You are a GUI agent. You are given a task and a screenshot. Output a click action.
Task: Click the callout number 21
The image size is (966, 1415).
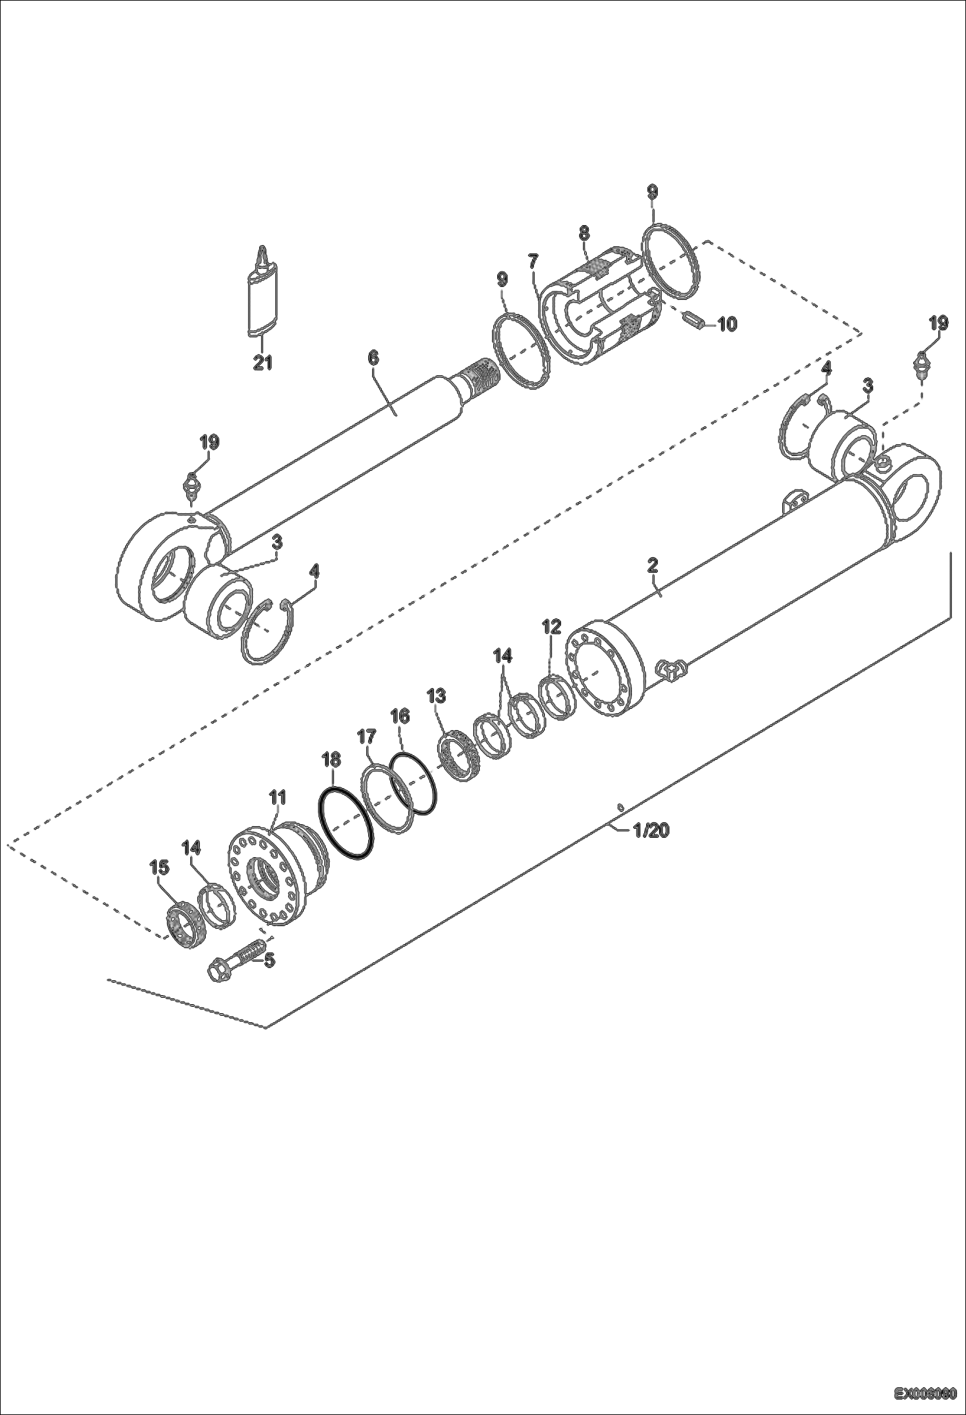[x=262, y=363]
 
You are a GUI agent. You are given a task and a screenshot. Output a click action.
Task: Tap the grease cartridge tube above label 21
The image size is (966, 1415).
[x=262, y=300]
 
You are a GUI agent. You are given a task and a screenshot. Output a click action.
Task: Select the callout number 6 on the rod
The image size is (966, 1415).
[x=373, y=359]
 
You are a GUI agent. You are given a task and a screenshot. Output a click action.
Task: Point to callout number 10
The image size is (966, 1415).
[x=727, y=324]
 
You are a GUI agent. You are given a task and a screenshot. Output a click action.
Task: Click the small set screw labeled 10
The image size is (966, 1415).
[x=692, y=319]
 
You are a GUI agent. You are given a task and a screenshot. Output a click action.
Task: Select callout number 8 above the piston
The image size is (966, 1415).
[x=584, y=233]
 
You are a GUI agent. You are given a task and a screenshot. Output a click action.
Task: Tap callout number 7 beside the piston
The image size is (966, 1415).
[x=533, y=261]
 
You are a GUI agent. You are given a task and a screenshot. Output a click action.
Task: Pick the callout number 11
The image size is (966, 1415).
[x=277, y=798]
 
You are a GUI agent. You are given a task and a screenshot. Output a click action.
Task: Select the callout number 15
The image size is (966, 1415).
[x=159, y=868]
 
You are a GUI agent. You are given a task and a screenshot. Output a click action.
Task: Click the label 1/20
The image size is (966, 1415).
[x=651, y=831]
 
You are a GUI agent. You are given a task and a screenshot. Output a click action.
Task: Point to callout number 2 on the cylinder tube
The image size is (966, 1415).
[x=652, y=566]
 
